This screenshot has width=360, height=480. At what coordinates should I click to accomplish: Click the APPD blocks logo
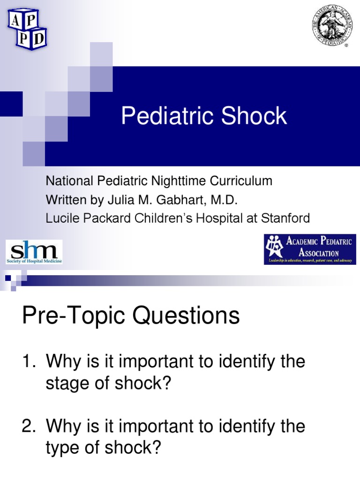coord(27,29)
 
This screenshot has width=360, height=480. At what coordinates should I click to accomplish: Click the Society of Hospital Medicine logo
coord(34,252)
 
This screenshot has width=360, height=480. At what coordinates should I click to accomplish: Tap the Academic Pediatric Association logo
coord(309,250)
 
